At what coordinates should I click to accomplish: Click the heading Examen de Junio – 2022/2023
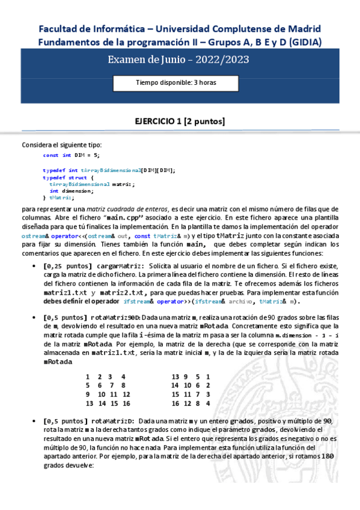coord(178,60)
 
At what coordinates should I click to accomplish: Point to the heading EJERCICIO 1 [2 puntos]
coord(180,121)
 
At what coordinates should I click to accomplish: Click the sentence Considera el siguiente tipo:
coord(62,144)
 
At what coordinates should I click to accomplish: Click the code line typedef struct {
coord(69,177)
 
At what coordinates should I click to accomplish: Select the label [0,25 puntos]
coord(68,266)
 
